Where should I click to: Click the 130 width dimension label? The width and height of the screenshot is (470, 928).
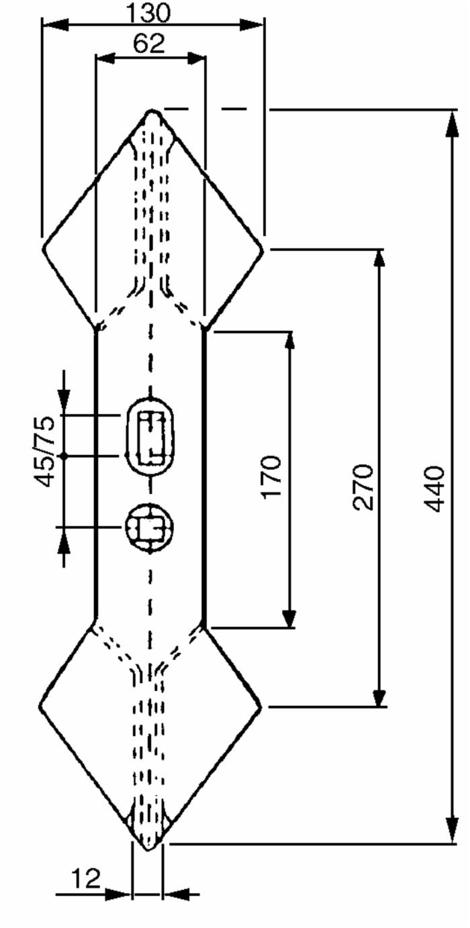tap(149, 13)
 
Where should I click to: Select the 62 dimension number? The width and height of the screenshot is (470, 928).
tap(149, 43)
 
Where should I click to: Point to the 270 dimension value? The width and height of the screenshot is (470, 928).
tap(363, 487)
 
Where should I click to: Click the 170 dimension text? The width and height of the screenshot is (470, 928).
tap(271, 476)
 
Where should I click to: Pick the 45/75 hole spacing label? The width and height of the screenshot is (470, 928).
tap(44, 452)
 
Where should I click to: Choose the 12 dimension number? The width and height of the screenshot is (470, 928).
tap(86, 878)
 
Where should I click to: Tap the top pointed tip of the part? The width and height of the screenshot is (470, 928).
tap(152, 111)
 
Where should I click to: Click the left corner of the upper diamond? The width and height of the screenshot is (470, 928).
tap(43, 248)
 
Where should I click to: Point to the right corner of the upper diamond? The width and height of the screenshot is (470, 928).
tap(263, 250)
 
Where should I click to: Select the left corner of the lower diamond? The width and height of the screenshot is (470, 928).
tap(40, 706)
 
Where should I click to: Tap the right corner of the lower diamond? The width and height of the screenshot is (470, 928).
tap(261, 706)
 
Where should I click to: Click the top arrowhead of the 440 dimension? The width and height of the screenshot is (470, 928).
tap(452, 123)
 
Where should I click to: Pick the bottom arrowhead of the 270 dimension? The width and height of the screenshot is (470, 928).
tap(379, 692)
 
